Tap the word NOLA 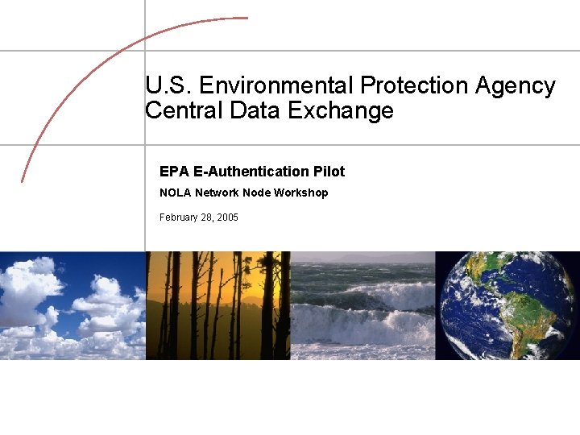[x=175, y=193]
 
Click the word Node [x=256, y=193]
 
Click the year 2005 [x=227, y=217]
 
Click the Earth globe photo [x=507, y=305]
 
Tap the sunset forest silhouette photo [x=217, y=305]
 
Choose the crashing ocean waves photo [x=362, y=305]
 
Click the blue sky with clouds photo [x=72, y=305]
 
